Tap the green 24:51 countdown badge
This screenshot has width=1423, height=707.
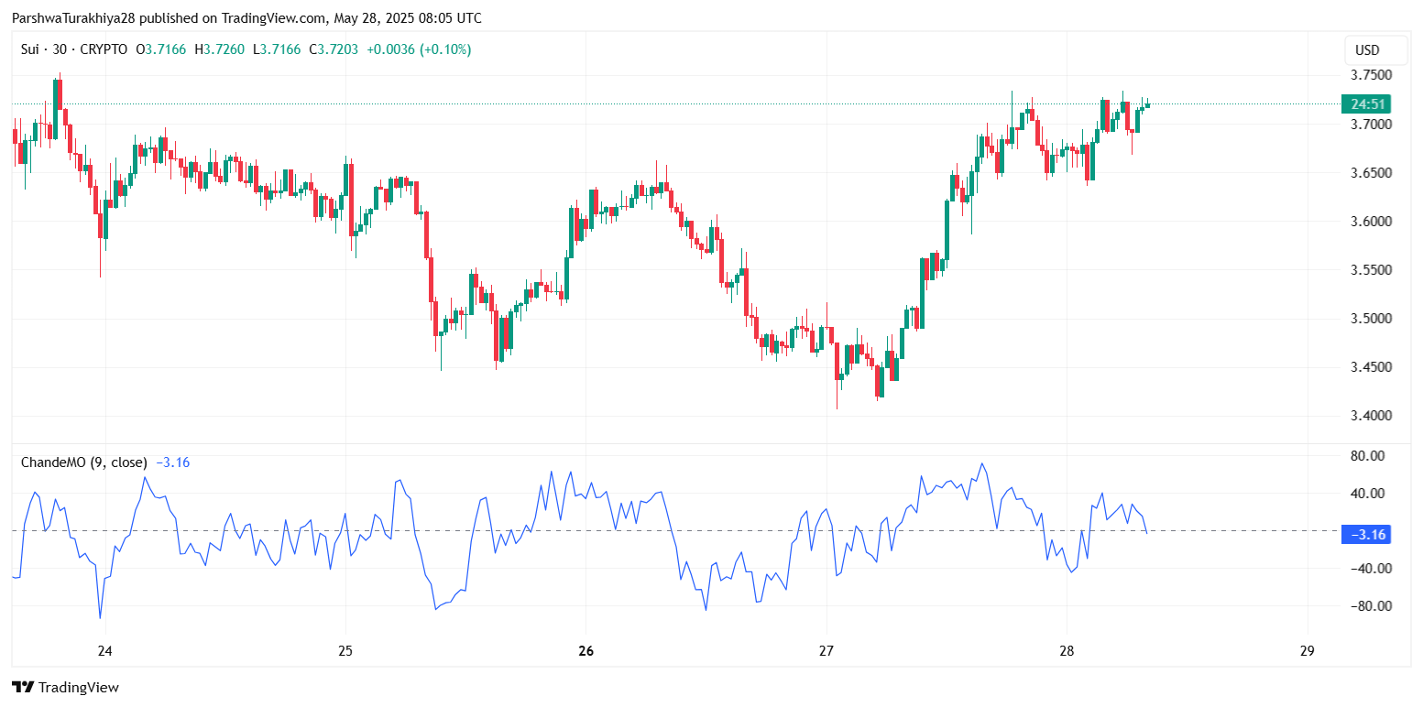pyautogui.click(x=1364, y=103)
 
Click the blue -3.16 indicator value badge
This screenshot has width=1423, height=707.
pyautogui.click(x=1365, y=534)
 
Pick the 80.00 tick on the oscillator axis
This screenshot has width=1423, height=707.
pyautogui.click(x=1369, y=455)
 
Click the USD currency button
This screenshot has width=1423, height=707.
pyautogui.click(x=1367, y=50)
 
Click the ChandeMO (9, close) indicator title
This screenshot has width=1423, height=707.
pyautogui.click(x=85, y=462)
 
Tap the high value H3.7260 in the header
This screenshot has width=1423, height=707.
pyautogui.click(x=220, y=49)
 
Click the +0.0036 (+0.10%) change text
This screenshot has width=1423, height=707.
pyautogui.click(x=419, y=49)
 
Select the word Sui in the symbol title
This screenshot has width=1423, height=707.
pyautogui.click(x=32, y=49)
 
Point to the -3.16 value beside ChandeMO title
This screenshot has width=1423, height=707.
pyautogui.click(x=172, y=462)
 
